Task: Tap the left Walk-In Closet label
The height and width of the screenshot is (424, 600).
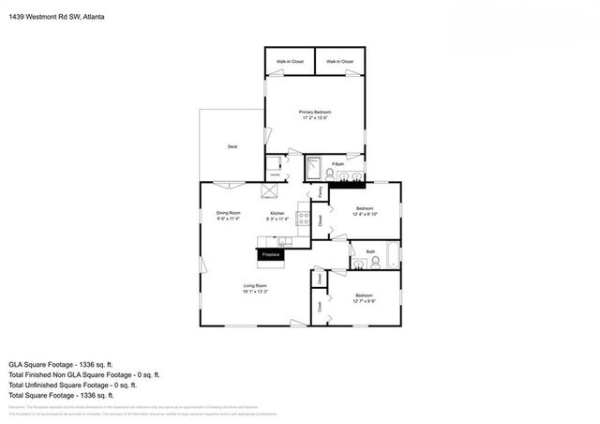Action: click(290, 62)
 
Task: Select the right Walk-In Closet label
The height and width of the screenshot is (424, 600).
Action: click(339, 62)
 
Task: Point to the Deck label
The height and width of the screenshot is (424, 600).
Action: click(232, 147)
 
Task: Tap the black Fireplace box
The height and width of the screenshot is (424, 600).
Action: click(272, 254)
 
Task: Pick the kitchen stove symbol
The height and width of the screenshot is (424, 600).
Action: click(303, 219)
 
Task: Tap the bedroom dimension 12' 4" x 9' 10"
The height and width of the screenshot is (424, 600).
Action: click(364, 214)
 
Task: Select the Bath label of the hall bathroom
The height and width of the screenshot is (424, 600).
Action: click(370, 251)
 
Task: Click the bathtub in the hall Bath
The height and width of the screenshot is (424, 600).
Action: click(393, 255)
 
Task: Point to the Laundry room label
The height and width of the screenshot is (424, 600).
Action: click(275, 174)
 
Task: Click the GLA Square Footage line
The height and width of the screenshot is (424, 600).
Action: click(63, 362)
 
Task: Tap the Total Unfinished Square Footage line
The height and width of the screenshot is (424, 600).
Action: click(72, 385)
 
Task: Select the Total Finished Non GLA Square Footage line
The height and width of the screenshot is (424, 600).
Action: click(79, 373)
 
